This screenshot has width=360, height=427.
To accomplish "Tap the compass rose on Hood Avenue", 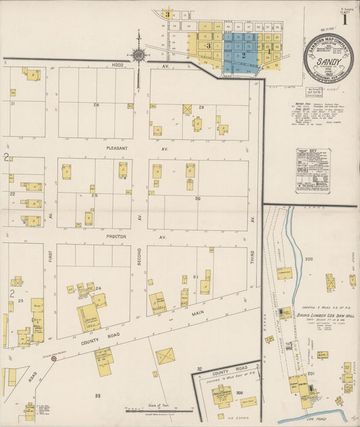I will pyautogui.click(x=139, y=54).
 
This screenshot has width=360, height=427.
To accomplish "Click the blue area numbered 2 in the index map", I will pyautogui.click(x=242, y=55).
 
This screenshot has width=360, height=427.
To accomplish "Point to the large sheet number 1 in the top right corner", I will pyautogui.click(x=344, y=18).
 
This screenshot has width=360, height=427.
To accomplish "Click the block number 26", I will pyautogui.click(x=96, y=105).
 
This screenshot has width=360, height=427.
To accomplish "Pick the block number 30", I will pyautogui.click(x=198, y=199).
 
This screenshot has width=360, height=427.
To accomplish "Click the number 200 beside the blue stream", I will pyautogui.click(x=309, y=259).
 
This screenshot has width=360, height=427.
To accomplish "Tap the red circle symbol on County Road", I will pyautogui.click(x=54, y=359).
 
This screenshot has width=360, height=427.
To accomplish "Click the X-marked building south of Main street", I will pyautogui.click(x=164, y=356).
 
